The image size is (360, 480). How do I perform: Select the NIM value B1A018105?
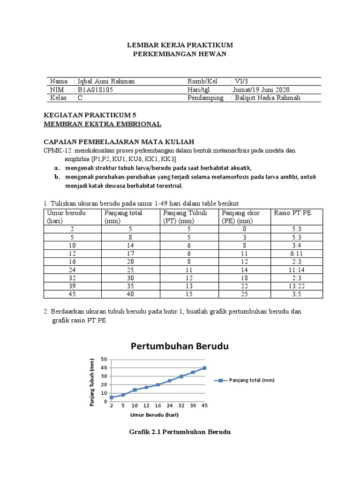[95, 90]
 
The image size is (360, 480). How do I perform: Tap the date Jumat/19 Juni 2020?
[261, 90]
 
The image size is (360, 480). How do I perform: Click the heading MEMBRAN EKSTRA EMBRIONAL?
[102, 124]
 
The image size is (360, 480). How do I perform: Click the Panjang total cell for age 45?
[128, 294]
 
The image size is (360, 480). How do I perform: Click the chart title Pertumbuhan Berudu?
[179, 347]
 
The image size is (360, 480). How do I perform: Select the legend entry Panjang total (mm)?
[251, 380]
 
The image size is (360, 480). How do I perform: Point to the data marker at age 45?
[204, 368]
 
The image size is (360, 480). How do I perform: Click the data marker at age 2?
[112, 397]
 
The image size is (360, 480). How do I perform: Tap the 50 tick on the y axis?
[105, 360]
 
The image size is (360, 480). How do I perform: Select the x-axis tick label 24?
[169, 405]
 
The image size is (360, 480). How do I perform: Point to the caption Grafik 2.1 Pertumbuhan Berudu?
[180, 431]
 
